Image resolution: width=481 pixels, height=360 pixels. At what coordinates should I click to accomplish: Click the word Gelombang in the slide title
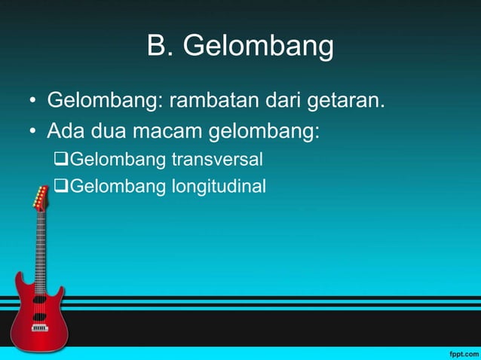(259, 47)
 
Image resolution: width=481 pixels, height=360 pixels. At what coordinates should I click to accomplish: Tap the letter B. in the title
(160, 46)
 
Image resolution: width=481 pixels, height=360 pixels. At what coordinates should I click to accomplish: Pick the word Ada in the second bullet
(66, 133)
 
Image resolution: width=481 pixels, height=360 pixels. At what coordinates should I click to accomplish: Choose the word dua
(109, 133)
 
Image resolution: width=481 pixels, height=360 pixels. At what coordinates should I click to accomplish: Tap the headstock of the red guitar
(40, 198)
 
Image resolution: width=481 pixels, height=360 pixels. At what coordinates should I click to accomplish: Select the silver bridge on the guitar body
(39, 328)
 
